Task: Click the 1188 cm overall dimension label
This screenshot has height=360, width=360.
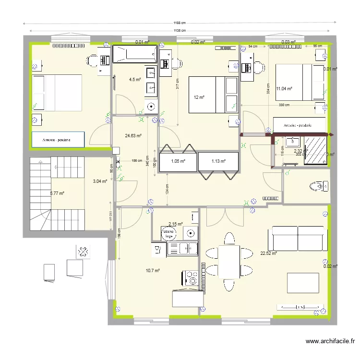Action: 180,23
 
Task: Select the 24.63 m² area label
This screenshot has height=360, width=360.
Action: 133,136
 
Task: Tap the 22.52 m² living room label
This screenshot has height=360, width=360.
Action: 268,253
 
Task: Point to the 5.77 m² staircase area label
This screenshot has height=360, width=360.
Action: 57,193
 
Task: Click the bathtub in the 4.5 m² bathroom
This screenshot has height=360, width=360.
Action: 134,54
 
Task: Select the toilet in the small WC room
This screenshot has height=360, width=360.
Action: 317,186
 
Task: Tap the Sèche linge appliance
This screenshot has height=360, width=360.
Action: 169,234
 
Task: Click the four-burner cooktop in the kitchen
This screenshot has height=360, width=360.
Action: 190,278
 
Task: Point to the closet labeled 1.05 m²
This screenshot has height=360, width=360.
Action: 178,161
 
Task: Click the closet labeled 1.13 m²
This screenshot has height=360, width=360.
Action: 218,161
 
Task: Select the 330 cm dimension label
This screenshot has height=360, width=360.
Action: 284,105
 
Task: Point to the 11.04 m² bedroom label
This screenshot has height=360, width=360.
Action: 285,88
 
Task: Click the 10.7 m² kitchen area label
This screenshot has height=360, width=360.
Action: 153,271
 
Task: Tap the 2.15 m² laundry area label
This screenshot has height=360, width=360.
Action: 175,224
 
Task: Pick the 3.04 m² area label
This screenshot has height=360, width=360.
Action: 99,181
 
